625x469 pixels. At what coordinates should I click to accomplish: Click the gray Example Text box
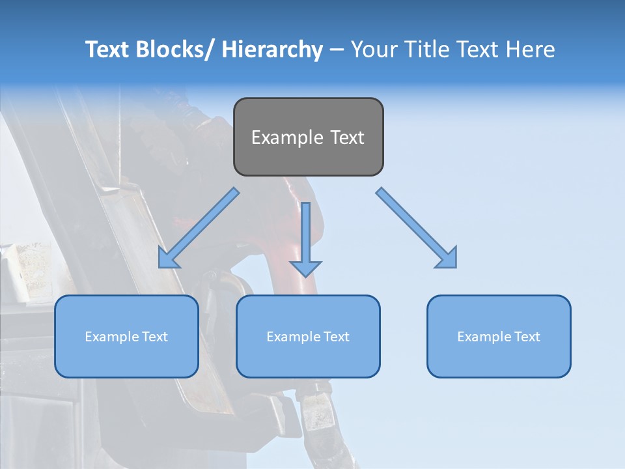coord(308,137)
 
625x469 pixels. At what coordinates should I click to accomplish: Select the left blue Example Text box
coord(126,336)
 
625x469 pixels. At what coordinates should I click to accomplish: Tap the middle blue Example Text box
coord(308,336)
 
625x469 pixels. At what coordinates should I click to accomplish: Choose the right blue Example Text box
coord(499,336)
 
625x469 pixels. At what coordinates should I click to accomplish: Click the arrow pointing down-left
coord(199,228)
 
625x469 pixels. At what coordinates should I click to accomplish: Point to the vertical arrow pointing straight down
coord(306,238)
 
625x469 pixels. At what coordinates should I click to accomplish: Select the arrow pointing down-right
coord(417,228)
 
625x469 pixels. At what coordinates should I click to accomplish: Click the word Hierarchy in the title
coord(272,50)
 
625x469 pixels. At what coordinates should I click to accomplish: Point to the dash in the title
coord(336,50)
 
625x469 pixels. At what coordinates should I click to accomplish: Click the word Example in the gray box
coord(287,137)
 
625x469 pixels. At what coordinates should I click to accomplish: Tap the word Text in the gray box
coord(346,137)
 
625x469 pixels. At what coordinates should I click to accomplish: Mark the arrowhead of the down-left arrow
coord(167,259)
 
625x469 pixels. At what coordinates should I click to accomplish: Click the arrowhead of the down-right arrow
coord(448,259)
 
